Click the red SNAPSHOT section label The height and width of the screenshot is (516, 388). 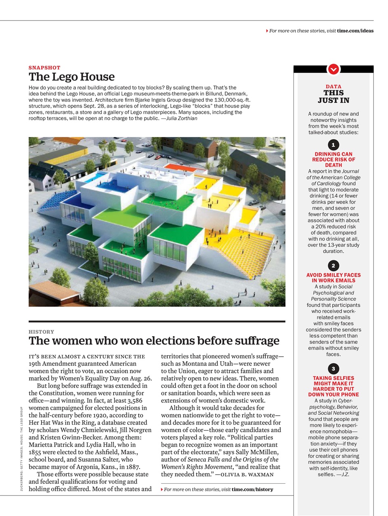tap(44, 68)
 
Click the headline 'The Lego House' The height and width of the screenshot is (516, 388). tap(71, 77)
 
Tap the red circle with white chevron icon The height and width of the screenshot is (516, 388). tap(333, 69)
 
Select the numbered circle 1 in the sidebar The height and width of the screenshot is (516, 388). tap(333, 145)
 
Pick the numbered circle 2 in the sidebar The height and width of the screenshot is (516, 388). tap(333, 266)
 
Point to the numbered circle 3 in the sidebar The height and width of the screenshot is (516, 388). tap(333, 369)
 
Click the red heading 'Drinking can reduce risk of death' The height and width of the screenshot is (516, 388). tap(333, 160)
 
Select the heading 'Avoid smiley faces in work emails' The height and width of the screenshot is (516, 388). tap(333, 278)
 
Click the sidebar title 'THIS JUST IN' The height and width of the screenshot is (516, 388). tap(333, 96)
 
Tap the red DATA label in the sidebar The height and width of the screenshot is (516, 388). tap(333, 86)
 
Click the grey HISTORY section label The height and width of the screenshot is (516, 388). tap(41, 332)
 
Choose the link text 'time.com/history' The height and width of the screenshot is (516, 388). tap(252, 489)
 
